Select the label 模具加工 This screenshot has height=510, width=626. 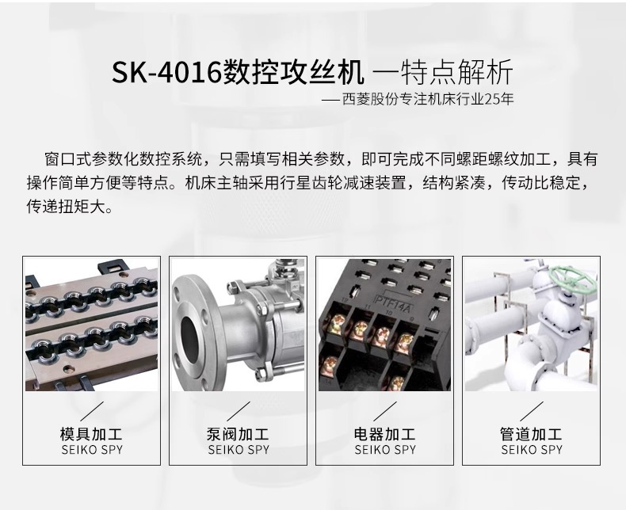click(91, 434)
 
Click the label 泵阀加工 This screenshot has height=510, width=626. click(238, 434)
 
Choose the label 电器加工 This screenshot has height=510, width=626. click(384, 434)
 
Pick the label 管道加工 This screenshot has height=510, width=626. click(531, 434)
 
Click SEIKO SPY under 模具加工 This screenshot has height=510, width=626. click(91, 450)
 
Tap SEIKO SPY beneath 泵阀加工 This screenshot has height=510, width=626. click(238, 450)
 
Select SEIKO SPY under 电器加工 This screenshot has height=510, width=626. click(384, 450)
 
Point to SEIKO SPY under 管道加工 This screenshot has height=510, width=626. click(531, 450)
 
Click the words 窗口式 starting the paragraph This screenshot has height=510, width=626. click(66, 158)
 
